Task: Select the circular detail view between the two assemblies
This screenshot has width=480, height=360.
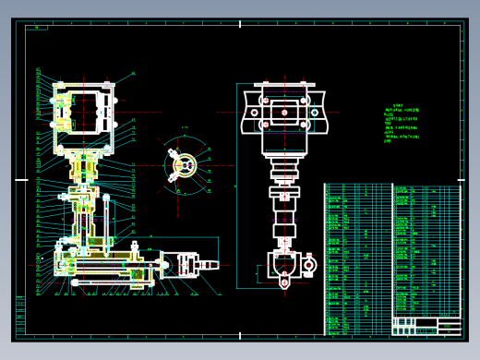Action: click(x=184, y=167)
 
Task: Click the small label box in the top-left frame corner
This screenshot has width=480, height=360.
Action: click(x=38, y=28)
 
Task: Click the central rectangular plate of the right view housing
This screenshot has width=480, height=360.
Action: click(x=282, y=113)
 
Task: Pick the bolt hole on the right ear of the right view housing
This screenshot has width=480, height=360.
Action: click(x=315, y=113)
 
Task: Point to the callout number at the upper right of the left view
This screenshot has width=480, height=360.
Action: click(x=132, y=72)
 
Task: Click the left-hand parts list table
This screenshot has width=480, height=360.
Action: click(x=357, y=258)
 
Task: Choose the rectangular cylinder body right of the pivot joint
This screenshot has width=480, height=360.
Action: click(x=190, y=266)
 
